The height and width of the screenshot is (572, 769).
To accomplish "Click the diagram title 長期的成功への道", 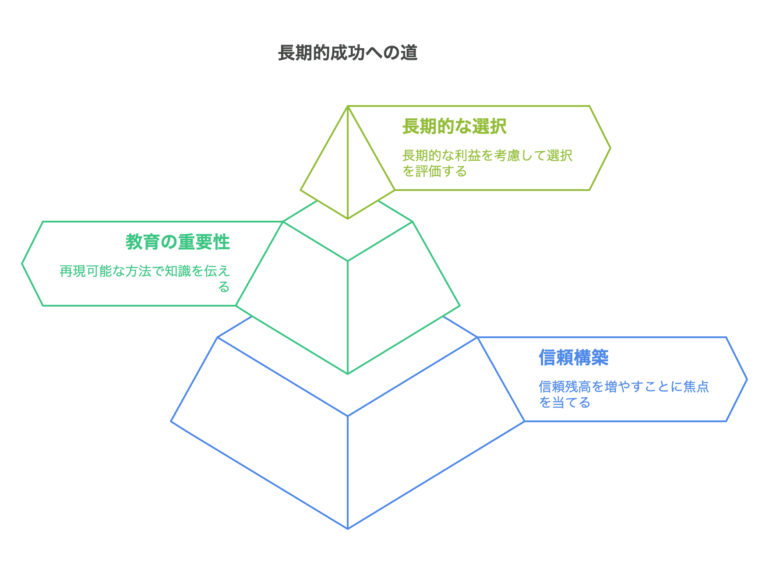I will [348, 53].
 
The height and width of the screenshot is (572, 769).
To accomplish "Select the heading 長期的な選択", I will [454, 127].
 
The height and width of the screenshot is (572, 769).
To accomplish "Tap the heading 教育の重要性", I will [178, 242].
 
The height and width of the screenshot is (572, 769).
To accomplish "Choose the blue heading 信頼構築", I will [573, 358].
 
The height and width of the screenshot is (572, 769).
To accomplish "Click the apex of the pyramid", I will [348, 106].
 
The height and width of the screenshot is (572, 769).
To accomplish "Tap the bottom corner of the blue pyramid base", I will [348, 529].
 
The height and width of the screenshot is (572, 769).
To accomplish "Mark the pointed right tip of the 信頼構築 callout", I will [746, 379].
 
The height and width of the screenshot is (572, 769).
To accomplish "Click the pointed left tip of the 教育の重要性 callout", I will [22, 264].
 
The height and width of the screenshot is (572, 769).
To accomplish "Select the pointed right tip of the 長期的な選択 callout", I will [610, 148].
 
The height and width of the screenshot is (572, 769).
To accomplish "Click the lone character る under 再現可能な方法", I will [224, 287].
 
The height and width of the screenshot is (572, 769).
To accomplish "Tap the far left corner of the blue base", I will [171, 421].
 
